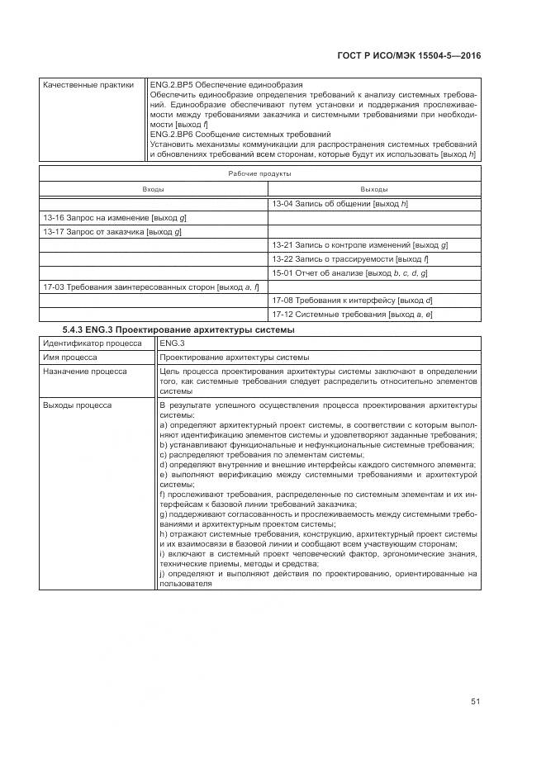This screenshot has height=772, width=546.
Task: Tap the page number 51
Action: click(476, 701)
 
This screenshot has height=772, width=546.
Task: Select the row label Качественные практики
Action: click(88, 85)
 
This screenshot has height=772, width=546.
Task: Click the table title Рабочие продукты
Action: click(259, 173)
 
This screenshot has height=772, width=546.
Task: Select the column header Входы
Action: click(153, 189)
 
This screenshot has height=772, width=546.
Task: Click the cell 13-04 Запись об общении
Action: click(340, 203)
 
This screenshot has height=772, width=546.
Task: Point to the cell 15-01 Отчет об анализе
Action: click(349, 272)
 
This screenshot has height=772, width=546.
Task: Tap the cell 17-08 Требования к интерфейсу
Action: click(352, 301)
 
